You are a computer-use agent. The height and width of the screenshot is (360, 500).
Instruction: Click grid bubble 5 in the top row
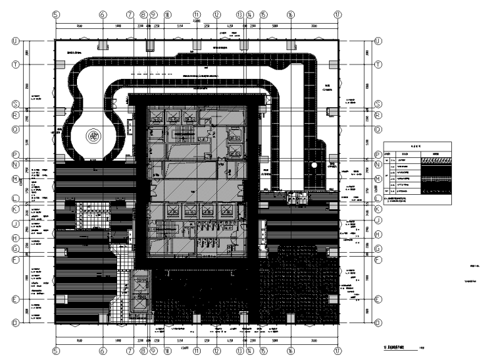(56, 13)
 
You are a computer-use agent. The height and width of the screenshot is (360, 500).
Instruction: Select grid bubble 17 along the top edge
(338, 13)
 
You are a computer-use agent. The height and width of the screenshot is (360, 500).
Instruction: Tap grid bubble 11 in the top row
(196, 13)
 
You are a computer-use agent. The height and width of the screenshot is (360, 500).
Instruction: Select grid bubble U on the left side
(15, 41)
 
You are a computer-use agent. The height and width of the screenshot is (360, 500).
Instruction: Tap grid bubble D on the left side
(15, 323)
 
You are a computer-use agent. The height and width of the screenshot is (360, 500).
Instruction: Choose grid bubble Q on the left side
(15, 129)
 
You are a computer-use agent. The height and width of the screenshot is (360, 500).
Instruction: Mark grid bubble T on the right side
(378, 64)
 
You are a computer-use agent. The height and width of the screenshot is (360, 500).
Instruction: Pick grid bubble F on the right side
(378, 260)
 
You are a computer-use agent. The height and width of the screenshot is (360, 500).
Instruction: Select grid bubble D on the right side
(378, 323)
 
